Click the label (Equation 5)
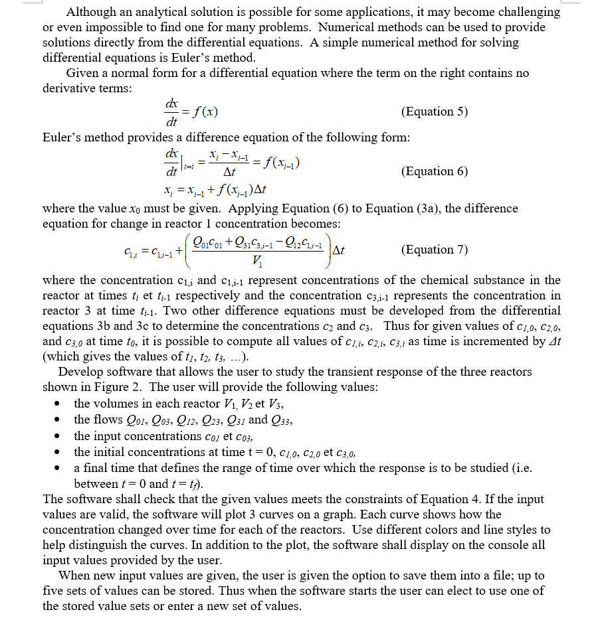[x=435, y=112]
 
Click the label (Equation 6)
[x=435, y=171]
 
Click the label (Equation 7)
[x=435, y=250]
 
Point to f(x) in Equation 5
[x=203, y=112]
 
